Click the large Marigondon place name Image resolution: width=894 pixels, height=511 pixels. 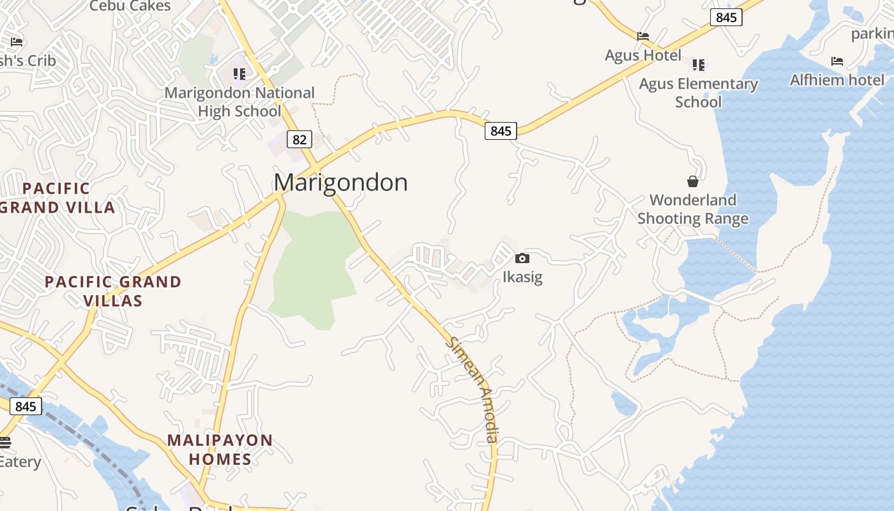click(x=340, y=183)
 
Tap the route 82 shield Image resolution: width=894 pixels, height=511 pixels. click(x=299, y=139)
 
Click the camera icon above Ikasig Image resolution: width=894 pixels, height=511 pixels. click(x=522, y=258)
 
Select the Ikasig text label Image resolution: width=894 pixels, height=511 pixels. click(x=522, y=277)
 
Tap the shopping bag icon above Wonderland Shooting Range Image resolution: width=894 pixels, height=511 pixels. click(x=693, y=181)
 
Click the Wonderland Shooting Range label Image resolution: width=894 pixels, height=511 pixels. click(x=693, y=210)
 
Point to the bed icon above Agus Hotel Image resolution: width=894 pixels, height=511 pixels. click(x=643, y=36)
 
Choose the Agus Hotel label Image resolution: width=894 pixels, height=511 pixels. click(x=643, y=56)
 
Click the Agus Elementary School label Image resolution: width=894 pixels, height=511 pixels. click(x=698, y=93)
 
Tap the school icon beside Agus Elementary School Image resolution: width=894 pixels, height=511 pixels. click(x=699, y=65)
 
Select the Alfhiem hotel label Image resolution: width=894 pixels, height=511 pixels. click(x=837, y=80)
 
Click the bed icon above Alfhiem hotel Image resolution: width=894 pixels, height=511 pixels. click(x=837, y=61)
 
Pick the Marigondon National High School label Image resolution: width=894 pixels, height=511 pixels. click(x=239, y=102)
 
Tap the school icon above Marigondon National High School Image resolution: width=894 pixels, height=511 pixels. click(x=239, y=74)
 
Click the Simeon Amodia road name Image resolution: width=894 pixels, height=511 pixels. click(x=473, y=390)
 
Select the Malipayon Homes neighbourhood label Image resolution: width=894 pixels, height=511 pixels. click(x=220, y=450)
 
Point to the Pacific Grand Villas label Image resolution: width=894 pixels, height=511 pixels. click(x=113, y=291)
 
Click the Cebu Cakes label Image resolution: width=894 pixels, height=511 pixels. click(x=130, y=6)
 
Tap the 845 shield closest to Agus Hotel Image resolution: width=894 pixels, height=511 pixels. click(x=727, y=17)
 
